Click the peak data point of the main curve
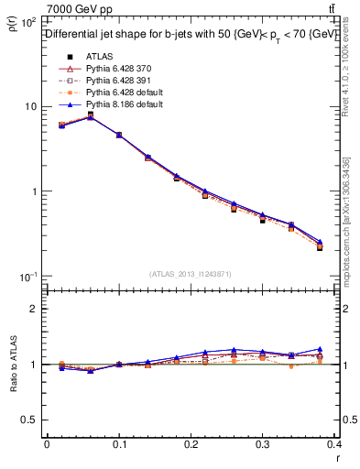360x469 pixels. (91, 116)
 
